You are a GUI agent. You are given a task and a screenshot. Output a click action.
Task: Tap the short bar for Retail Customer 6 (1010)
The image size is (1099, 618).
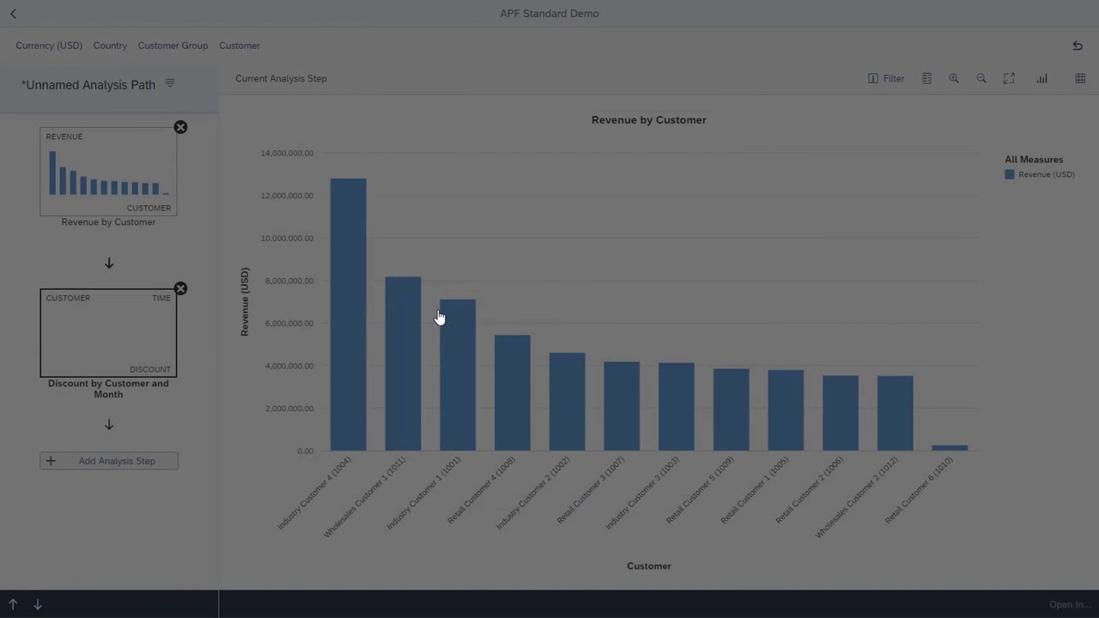(950, 447)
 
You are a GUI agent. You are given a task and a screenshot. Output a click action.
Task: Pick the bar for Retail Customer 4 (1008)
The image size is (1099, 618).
(513, 392)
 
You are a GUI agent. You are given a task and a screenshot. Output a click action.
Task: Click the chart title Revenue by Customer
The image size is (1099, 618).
(648, 120)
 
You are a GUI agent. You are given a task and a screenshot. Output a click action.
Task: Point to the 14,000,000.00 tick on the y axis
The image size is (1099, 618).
(287, 154)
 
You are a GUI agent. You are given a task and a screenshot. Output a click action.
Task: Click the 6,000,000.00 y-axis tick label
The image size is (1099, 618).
(287, 324)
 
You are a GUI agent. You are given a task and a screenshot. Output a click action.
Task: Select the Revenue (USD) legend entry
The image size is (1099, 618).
(1045, 174)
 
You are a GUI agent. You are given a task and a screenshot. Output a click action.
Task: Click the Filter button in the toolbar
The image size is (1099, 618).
(886, 78)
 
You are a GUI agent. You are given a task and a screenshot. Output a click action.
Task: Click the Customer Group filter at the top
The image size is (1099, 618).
(173, 45)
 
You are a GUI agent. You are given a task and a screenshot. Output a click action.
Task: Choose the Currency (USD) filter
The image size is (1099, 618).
(49, 45)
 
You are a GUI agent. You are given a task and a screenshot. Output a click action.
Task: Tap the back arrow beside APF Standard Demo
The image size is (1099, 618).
(13, 14)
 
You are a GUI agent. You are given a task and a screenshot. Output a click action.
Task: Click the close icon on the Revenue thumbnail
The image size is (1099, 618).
(180, 127)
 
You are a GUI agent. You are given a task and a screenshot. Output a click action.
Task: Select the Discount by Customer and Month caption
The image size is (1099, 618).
(108, 389)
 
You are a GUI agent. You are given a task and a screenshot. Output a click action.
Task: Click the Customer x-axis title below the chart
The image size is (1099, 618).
(648, 566)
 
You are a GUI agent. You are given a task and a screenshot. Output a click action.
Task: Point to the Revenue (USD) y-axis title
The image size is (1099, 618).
(245, 301)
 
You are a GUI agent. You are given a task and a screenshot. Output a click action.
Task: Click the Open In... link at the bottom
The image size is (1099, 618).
(1069, 604)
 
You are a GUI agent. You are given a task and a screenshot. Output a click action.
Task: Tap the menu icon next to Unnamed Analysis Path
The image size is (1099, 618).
(170, 83)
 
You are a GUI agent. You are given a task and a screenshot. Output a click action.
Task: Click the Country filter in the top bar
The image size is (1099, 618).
(110, 45)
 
